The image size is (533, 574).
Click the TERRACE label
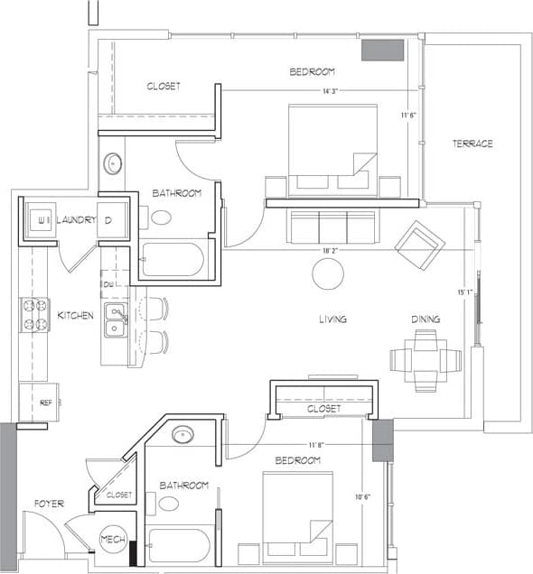click(x=473, y=143)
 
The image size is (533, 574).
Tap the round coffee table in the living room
click(x=328, y=273)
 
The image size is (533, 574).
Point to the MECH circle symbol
click(x=114, y=540)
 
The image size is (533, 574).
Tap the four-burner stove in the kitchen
click(x=34, y=315)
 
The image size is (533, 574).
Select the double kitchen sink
click(x=115, y=320)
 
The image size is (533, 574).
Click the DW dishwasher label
click(x=108, y=285)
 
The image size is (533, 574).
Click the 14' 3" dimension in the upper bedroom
click(x=327, y=90)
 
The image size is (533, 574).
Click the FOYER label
click(x=49, y=504)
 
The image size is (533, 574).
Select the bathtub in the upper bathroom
click(x=173, y=260)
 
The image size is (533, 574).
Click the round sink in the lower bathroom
click(x=182, y=434)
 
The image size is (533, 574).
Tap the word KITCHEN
click(x=76, y=315)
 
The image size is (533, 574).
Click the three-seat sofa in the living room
click(x=332, y=227)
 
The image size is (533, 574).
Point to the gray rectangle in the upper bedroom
click(x=382, y=51)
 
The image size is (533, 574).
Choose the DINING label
click(x=425, y=319)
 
